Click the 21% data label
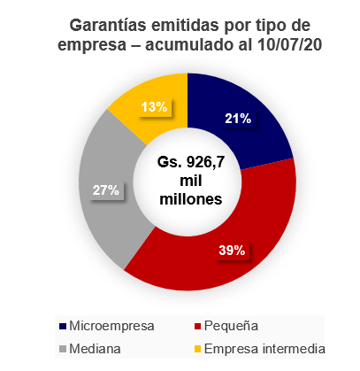(x=238, y=119)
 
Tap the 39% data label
(x=232, y=251)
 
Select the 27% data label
(x=106, y=190)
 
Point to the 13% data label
(x=154, y=107)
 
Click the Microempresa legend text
(x=111, y=326)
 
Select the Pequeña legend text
(x=231, y=327)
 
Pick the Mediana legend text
(x=95, y=349)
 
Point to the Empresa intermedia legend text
(x=264, y=349)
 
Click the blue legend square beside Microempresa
(x=63, y=327)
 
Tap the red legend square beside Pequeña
(x=197, y=327)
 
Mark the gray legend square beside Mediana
(x=63, y=349)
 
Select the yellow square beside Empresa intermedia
(x=197, y=349)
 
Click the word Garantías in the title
(x=108, y=25)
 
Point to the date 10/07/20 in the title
(x=289, y=45)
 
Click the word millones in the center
(x=191, y=199)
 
